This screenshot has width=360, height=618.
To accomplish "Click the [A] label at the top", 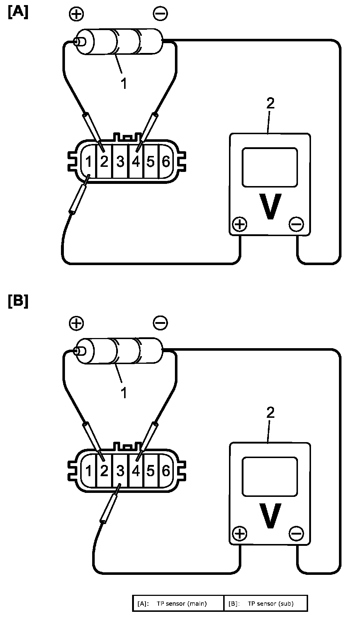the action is (x=18, y=12).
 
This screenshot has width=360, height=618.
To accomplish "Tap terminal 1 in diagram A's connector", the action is (x=88, y=161).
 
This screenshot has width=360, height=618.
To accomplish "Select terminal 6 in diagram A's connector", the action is (x=165, y=161).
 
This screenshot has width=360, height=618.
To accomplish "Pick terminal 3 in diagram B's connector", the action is (x=120, y=471).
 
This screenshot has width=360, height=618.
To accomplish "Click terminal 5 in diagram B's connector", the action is (x=151, y=471).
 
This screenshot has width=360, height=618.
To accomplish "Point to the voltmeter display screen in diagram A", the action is (x=270, y=168).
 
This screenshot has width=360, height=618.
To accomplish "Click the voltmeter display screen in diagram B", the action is (x=270, y=477).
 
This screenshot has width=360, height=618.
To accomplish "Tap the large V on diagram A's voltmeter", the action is (x=270, y=206).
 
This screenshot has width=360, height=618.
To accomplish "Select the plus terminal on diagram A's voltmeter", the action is (x=240, y=224).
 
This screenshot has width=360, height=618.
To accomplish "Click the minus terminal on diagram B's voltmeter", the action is (x=296, y=533).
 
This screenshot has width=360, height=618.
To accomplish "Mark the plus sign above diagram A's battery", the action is (x=77, y=14).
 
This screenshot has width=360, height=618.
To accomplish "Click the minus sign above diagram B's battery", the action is (x=160, y=323).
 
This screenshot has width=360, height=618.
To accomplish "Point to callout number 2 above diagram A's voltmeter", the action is (x=271, y=103).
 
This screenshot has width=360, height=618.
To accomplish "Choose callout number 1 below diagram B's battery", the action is (x=124, y=392).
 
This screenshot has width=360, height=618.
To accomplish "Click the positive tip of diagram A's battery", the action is (x=79, y=42).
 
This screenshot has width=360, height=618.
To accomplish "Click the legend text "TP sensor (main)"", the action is (x=182, y=603).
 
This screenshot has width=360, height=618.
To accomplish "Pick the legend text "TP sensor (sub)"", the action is (x=271, y=603).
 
